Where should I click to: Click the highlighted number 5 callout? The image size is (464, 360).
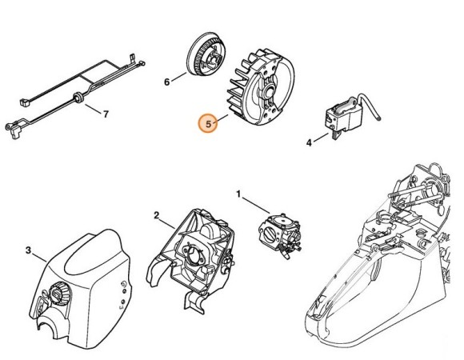209,123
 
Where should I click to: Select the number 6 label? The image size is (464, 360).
166,82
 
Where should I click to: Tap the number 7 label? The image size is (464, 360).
106,114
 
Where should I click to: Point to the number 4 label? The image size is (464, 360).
308,143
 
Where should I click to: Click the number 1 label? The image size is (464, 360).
238,194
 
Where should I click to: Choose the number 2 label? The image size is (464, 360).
157,215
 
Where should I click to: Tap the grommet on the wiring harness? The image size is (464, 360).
78,98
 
